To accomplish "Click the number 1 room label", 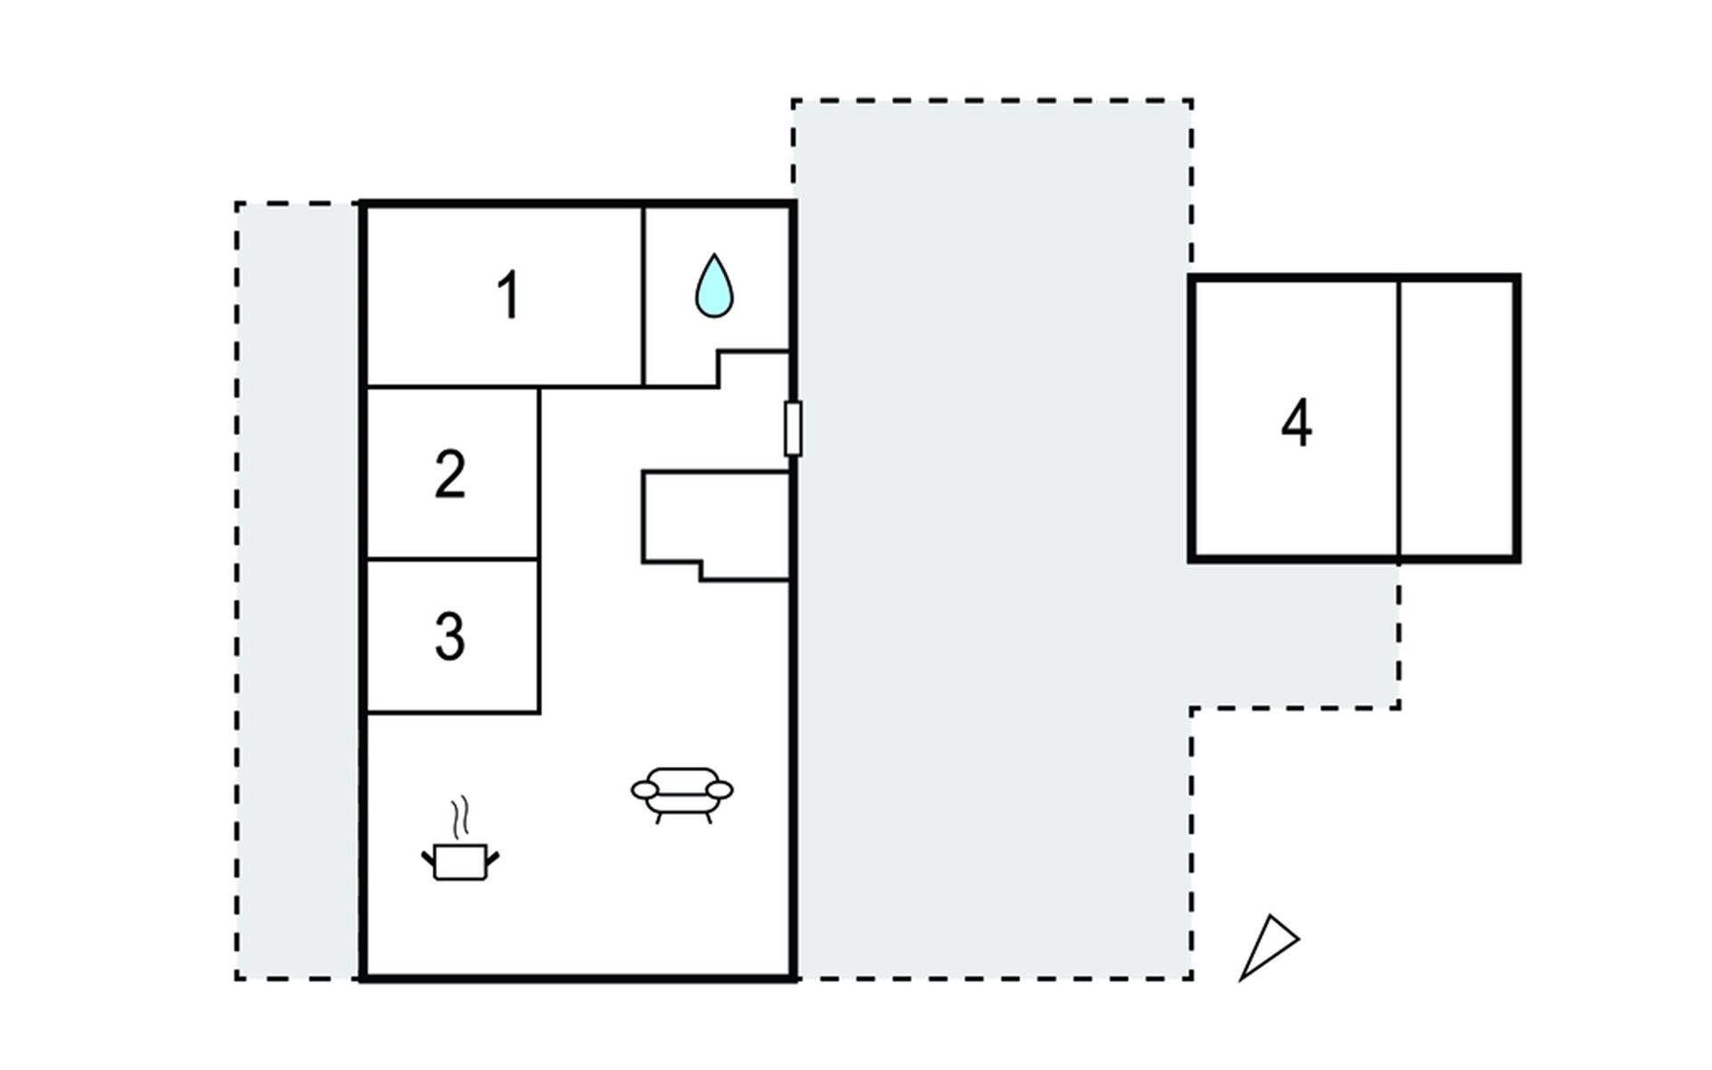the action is (508, 295).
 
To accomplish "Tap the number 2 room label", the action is (450, 473).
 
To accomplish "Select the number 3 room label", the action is (450, 637).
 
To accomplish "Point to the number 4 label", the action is (1296, 423).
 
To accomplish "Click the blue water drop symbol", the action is (714, 286).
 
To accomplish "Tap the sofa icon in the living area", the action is (682, 794).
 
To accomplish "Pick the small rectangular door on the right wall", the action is (793, 429).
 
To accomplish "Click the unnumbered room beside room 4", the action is (1457, 418).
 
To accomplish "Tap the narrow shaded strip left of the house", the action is (299, 591).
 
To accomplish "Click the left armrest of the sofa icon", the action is (645, 790).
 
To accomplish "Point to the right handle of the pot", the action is (492, 860).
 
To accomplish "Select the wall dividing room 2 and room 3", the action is (453, 559).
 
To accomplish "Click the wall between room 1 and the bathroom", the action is (643, 297).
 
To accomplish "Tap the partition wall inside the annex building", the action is (1399, 418).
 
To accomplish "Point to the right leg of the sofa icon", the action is (709, 817).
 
